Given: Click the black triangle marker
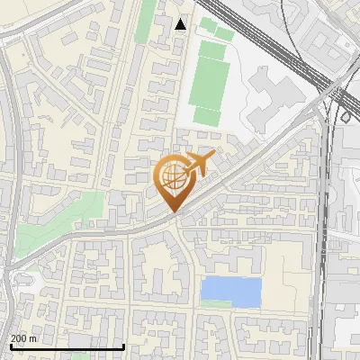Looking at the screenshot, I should coord(181,24).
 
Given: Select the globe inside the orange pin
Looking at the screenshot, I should coord(172,177).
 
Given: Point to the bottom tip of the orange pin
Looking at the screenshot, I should coord(172,211).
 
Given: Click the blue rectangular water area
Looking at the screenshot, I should coord(231,290).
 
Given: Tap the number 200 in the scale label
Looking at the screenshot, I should coord(19,338).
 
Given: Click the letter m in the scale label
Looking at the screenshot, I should coord(33,338).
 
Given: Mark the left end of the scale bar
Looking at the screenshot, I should coord(11,346).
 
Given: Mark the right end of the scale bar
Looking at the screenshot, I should coord(123,346).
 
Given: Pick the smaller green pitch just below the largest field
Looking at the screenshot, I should coord(207,116).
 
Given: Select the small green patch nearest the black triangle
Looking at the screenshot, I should coord(210,25).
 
